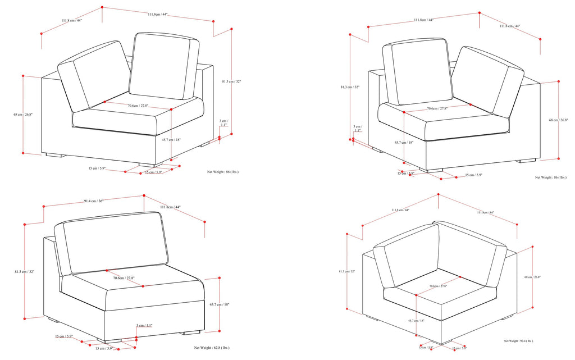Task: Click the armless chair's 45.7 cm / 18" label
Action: coord(219,304)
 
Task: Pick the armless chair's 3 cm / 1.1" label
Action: coord(144,326)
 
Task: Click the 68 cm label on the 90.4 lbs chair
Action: coord(532,277)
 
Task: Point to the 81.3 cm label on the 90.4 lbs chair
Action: coord(347,272)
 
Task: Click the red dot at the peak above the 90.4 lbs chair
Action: coord(437,195)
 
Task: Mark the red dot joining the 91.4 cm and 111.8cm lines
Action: coord(144,195)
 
